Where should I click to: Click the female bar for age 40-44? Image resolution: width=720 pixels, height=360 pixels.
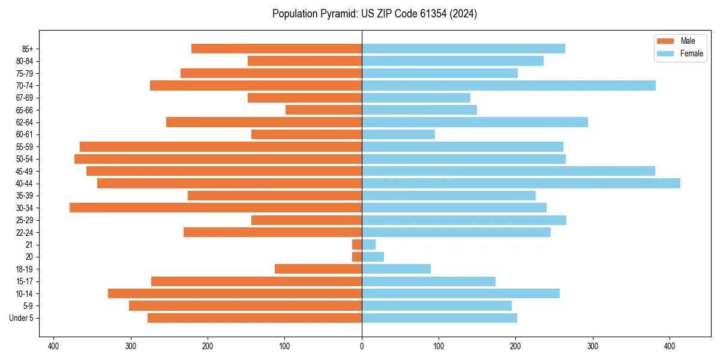521,184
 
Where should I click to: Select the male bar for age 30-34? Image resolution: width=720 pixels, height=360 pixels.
216,208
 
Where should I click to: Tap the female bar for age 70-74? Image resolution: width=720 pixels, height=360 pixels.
509,86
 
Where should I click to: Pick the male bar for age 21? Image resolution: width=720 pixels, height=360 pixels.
357,245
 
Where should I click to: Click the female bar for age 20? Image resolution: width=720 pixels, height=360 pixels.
373,257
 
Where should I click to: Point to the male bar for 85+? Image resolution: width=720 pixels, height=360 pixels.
277,49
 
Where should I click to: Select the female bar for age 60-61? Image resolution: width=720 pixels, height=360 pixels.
398,134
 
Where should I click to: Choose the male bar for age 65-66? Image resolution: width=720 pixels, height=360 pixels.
324,110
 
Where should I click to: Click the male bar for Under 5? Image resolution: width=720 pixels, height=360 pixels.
255,318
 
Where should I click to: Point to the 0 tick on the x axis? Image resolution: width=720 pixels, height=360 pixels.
362,346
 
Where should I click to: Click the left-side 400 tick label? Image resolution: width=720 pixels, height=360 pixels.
53,346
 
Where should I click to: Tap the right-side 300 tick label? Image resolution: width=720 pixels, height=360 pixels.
593,346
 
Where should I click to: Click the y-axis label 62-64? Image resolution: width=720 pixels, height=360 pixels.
25,122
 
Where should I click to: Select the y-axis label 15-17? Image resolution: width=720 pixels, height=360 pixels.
25,281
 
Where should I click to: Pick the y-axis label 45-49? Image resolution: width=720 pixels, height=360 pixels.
25,171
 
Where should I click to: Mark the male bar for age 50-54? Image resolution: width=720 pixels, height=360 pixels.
218,159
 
